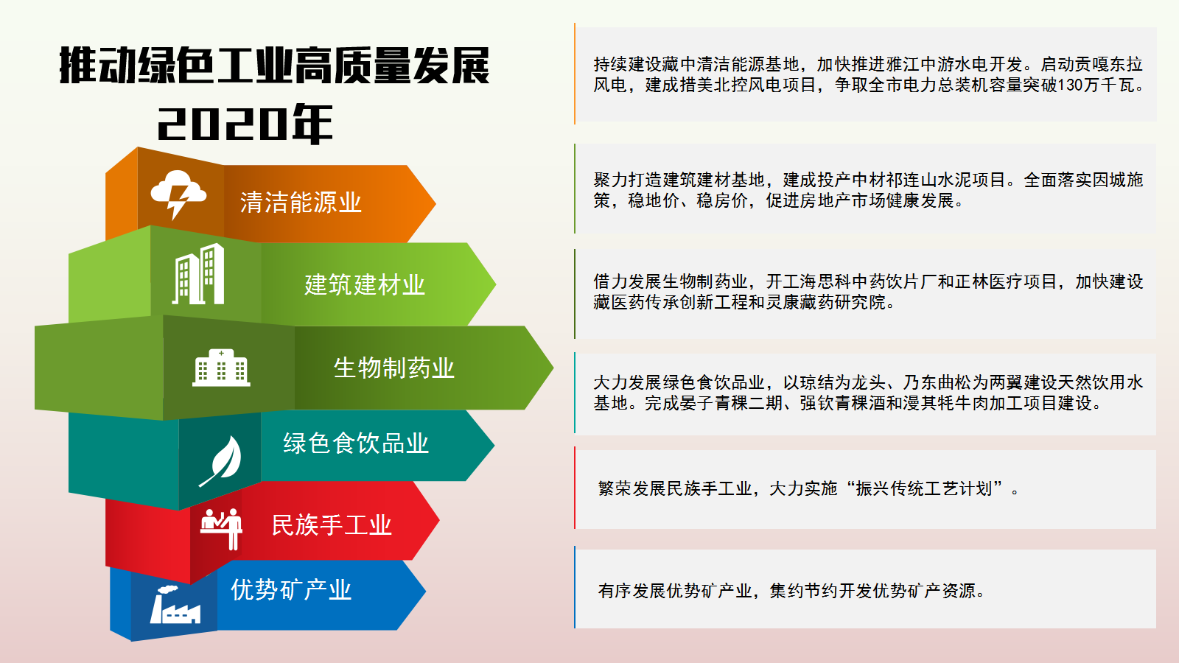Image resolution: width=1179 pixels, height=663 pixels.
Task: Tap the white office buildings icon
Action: tap(198, 273)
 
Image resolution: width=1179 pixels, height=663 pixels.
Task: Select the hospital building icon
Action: tap(221, 368)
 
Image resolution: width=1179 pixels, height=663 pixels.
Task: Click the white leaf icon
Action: tap(221, 461)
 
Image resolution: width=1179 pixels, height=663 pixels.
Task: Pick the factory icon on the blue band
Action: tap(175, 605)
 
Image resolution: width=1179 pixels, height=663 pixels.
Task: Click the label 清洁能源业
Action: tap(301, 203)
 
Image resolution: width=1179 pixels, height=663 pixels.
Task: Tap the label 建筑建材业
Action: tap(364, 284)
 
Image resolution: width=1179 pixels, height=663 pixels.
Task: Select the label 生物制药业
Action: tap(393, 368)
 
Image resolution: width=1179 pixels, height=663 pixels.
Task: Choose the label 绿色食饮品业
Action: tap(356, 443)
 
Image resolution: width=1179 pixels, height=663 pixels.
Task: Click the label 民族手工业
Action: tap(332, 525)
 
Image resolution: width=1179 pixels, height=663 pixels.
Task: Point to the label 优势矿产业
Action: tap(291, 590)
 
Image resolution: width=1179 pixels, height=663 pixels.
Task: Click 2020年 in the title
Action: tap(245, 124)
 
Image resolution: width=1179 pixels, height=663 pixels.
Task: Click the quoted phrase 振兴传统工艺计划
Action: tap(924, 489)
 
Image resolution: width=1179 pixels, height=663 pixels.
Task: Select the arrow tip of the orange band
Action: tap(435, 203)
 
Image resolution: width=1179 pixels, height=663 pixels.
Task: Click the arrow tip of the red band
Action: tap(439, 520)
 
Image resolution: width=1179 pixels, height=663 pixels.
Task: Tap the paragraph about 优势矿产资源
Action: tap(791, 591)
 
